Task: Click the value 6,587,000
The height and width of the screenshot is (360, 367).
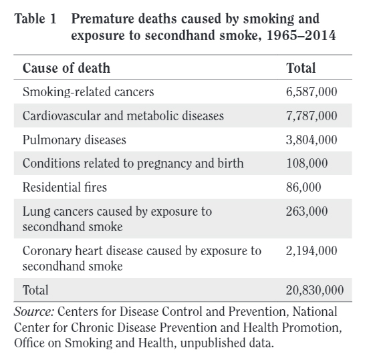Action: click(x=312, y=92)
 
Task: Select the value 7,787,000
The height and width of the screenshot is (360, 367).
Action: click(x=312, y=116)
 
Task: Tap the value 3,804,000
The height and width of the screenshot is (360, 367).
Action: click(x=312, y=140)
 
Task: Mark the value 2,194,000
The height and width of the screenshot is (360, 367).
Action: click(x=312, y=251)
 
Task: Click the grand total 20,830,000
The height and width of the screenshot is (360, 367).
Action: click(x=314, y=290)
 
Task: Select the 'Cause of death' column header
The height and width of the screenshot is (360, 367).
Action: click(x=66, y=68)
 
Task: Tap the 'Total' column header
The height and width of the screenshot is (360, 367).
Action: click(x=301, y=68)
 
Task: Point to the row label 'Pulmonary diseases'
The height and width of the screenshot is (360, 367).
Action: click(x=74, y=140)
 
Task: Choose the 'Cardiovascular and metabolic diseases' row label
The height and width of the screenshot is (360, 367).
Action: click(x=123, y=116)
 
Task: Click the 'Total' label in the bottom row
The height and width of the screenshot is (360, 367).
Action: click(x=35, y=290)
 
